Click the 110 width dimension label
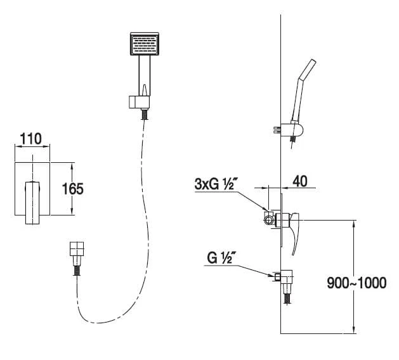(x=30, y=139)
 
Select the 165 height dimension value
(x=73, y=189)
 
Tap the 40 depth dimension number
(x=300, y=181)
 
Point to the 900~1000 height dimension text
(x=356, y=283)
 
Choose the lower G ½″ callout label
(x=220, y=258)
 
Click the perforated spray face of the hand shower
(x=145, y=44)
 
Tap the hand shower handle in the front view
(x=145, y=76)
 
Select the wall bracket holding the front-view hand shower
(x=139, y=102)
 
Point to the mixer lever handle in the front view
(x=32, y=203)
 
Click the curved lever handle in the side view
(x=294, y=233)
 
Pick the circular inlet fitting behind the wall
(x=268, y=219)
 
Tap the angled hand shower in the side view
(x=303, y=90)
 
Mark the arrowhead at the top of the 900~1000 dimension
(x=354, y=222)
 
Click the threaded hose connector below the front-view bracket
(x=145, y=114)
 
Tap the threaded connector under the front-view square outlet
(x=77, y=270)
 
